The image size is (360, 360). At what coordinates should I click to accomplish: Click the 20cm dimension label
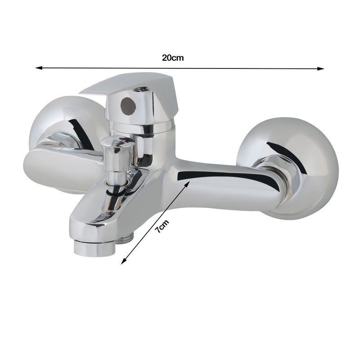pos(173,58)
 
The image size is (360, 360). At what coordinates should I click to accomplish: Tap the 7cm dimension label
pos(162,227)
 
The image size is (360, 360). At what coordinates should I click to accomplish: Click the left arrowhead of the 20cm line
pos(39,68)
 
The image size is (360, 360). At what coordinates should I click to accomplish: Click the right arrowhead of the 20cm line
pos(321,68)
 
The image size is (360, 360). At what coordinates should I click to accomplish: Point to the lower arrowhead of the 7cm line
pos(123,261)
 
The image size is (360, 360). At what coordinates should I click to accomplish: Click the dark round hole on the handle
pos(128,105)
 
